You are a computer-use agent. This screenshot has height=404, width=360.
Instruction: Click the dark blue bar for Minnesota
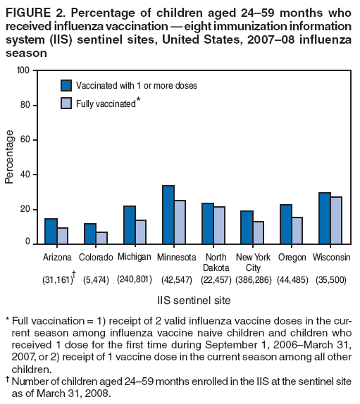point(168,214)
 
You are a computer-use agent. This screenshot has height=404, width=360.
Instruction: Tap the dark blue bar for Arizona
point(51,231)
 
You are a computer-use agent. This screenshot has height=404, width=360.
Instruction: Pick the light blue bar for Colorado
point(101,237)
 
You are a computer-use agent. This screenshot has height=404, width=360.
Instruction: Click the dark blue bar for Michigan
point(129,224)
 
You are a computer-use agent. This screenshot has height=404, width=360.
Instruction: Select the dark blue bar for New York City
point(247,227)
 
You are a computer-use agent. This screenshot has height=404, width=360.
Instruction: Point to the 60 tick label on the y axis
point(25,139)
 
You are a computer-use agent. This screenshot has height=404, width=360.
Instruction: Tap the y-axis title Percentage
point(9,156)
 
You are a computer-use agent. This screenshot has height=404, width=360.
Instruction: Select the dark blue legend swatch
point(66,85)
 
